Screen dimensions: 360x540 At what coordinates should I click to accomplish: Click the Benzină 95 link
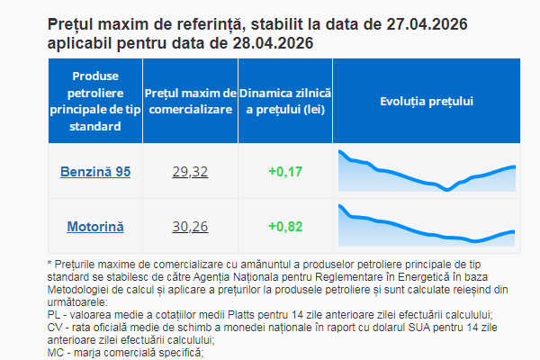(x=95, y=171)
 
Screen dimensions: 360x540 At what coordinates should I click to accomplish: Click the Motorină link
(x=95, y=226)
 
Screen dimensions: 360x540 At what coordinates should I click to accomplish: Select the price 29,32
(x=190, y=171)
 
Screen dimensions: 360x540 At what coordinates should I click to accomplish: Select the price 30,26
(x=190, y=226)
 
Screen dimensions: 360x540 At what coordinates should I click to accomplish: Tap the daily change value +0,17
(x=285, y=171)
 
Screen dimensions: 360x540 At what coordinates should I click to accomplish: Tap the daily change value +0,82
(x=285, y=226)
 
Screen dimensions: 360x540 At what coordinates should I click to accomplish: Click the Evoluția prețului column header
(x=427, y=101)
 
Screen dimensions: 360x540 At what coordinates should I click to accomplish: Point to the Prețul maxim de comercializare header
(x=190, y=101)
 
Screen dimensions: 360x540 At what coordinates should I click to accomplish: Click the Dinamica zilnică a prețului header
(x=285, y=101)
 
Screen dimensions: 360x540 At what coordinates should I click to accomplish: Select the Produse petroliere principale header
(x=95, y=101)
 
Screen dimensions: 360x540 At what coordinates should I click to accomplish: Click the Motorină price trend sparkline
(x=427, y=226)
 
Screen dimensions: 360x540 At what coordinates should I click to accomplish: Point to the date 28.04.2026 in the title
(x=269, y=43)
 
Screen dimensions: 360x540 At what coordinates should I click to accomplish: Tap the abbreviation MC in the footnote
(x=54, y=353)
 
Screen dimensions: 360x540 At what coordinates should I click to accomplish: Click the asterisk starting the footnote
(x=49, y=263)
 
